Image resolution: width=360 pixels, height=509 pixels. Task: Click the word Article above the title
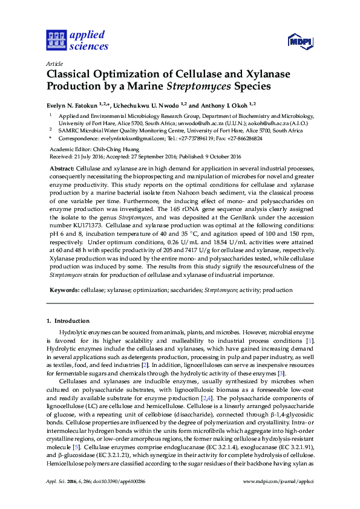pyautogui.click(x=53, y=63)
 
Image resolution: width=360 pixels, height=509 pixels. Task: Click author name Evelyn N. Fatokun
pyautogui.click(x=72, y=105)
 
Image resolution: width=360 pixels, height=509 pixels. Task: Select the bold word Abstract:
pyautogui.click(x=61, y=167)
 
